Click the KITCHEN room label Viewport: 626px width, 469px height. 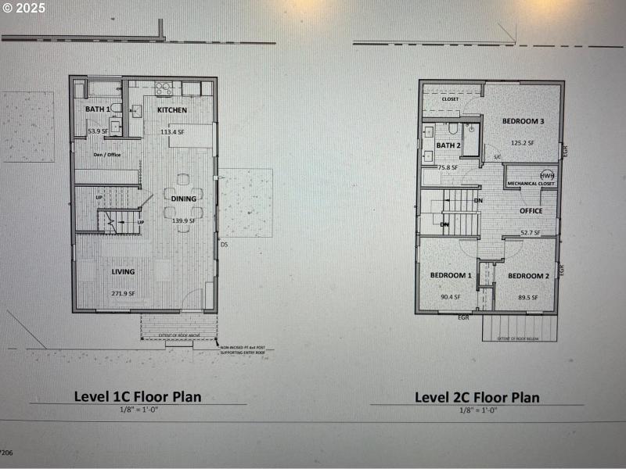[172, 110]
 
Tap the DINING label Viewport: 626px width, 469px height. [184, 199]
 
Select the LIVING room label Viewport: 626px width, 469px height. [123, 272]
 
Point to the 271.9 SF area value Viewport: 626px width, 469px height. [123, 293]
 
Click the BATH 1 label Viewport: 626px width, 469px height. [98, 109]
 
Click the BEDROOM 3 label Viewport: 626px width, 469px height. [523, 121]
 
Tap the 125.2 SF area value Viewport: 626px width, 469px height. [522, 143]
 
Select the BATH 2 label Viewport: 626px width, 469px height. [448, 145]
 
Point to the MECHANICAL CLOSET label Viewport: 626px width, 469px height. [531, 184]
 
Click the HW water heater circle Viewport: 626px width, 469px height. [546, 175]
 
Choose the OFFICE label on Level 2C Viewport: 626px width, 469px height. [531, 210]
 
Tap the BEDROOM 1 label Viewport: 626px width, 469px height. [451, 276]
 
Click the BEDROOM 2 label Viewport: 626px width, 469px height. [528, 276]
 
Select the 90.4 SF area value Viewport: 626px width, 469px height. [450, 297]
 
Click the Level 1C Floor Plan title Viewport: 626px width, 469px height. [138, 396]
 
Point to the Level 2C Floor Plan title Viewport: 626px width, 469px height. [477, 397]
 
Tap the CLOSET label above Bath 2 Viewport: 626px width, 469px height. [451, 99]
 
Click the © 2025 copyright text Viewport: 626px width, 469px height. [24, 9]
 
